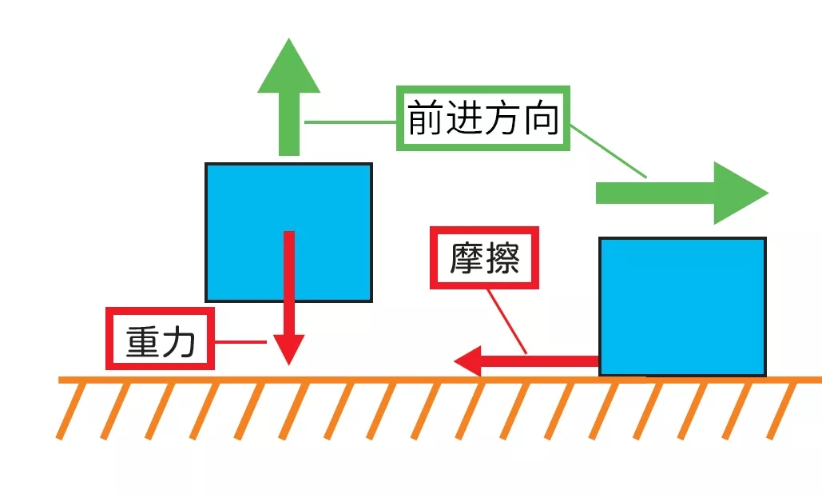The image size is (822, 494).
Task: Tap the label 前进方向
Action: point(484,118)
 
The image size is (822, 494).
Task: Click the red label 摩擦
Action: point(485,258)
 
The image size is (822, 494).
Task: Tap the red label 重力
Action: point(161,339)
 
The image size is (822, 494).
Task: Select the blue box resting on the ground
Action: point(682,306)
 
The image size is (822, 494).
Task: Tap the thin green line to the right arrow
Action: point(609,150)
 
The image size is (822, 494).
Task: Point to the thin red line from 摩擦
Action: point(506,321)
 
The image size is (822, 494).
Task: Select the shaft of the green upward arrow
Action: point(288,125)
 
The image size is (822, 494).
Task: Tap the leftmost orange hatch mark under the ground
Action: point(71,410)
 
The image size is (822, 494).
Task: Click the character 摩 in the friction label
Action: point(464,258)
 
